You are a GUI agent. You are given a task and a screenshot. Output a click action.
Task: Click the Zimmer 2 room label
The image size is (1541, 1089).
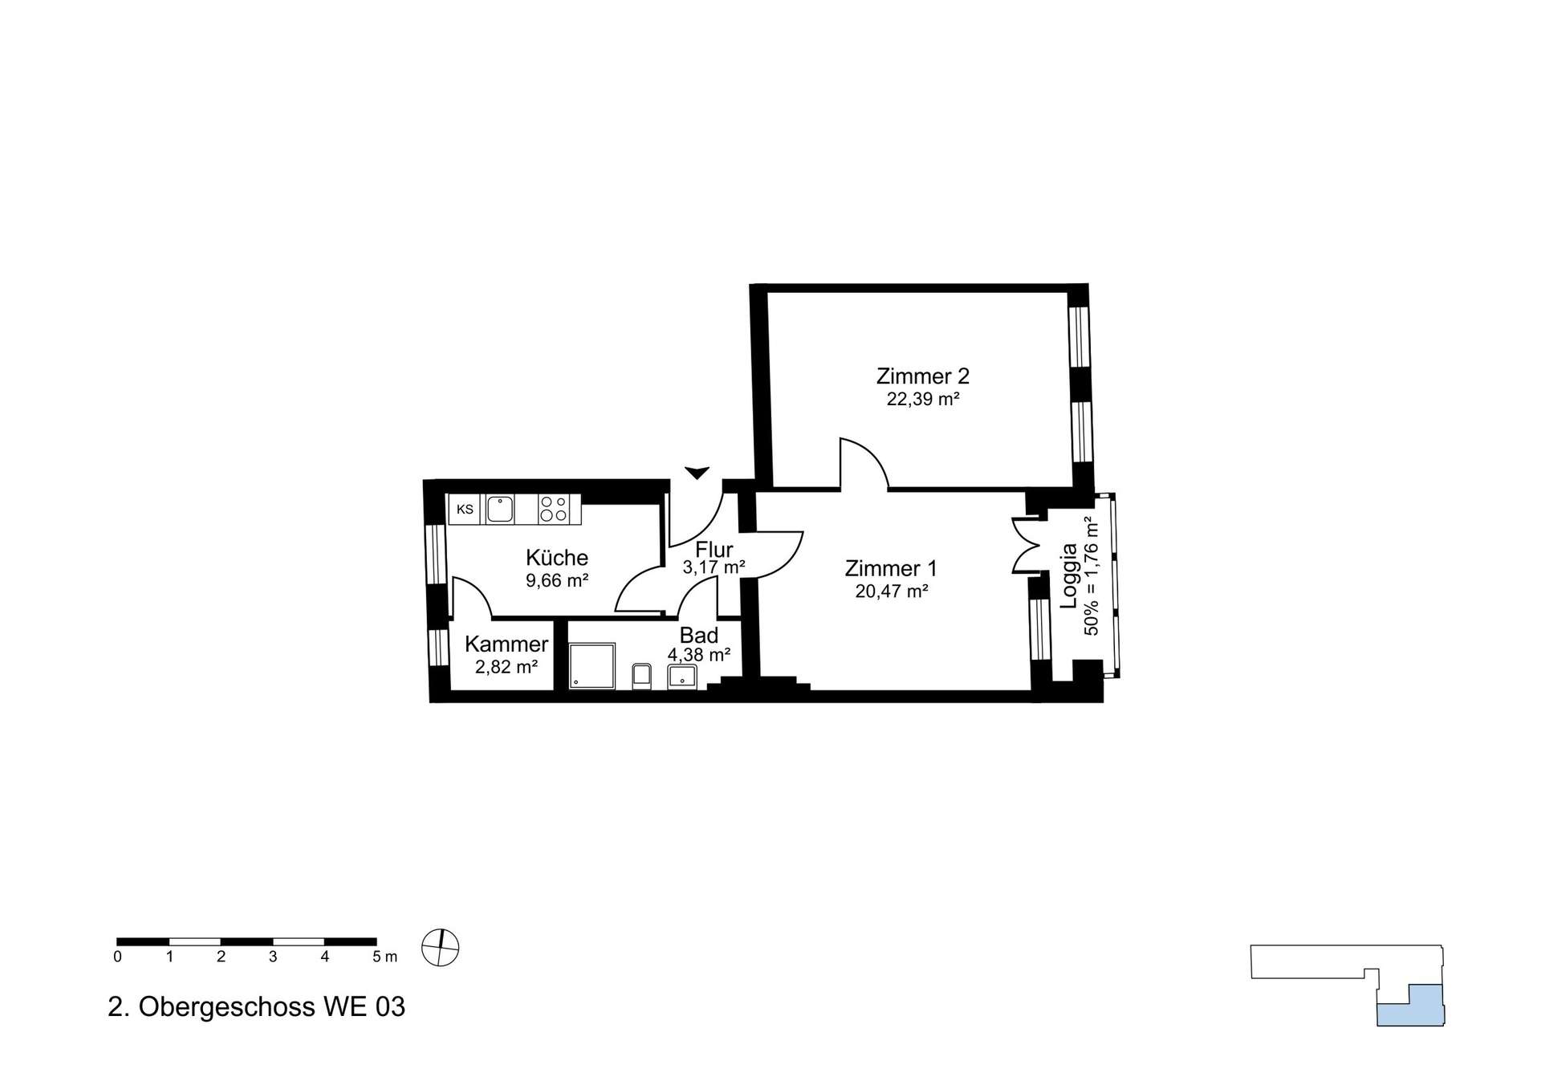click(922, 376)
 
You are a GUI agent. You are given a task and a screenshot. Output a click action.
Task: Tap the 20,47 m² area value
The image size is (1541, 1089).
click(892, 591)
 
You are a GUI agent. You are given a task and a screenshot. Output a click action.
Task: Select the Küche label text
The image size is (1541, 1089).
click(557, 557)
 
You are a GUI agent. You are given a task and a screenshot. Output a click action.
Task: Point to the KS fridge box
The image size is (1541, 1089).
click(466, 510)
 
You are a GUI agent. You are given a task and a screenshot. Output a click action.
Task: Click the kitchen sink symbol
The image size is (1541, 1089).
click(499, 510)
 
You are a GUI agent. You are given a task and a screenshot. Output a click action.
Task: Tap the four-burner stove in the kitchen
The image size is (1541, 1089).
click(554, 509)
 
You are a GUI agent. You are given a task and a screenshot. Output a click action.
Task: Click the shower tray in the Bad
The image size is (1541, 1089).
click(592, 665)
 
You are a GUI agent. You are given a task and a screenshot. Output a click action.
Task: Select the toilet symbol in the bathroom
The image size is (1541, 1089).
click(641, 676)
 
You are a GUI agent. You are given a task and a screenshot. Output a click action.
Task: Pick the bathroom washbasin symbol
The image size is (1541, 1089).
click(682, 677)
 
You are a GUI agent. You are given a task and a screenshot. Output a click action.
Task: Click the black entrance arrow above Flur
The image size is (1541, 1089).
click(697, 473)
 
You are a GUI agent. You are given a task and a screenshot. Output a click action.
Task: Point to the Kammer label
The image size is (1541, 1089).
click(506, 644)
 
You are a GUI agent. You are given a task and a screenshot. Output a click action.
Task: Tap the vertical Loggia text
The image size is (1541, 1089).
click(1069, 576)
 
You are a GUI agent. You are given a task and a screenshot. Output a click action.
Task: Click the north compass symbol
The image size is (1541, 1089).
click(440, 948)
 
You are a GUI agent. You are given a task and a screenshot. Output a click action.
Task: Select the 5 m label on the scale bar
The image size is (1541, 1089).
click(384, 957)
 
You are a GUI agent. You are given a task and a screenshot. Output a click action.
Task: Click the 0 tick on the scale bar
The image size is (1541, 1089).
click(118, 957)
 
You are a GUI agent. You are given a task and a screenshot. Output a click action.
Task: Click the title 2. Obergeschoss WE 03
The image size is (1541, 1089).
click(257, 1006)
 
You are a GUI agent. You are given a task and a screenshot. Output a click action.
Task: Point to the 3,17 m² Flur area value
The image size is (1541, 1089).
click(714, 567)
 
